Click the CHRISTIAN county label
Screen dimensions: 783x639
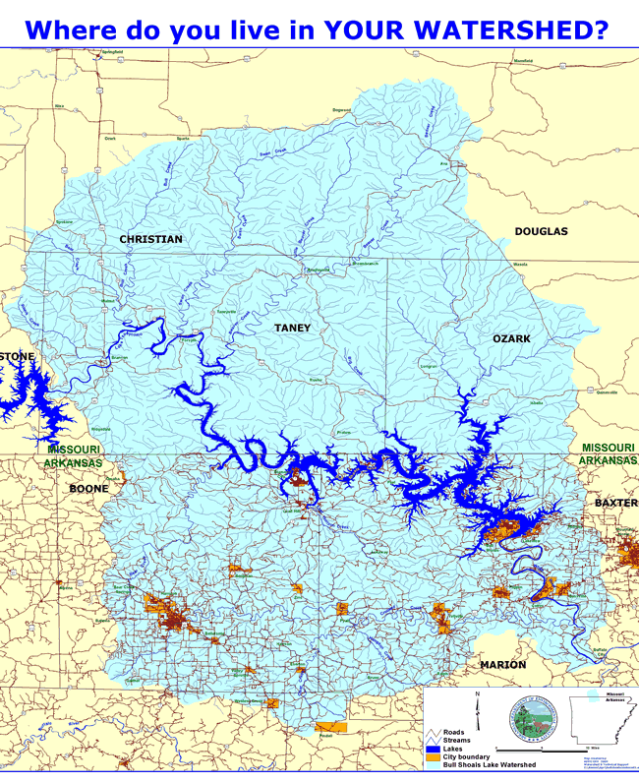pyautogui.click(x=150, y=239)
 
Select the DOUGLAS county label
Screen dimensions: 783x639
pyautogui.click(x=541, y=231)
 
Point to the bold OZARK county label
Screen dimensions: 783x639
pyautogui.click(x=511, y=338)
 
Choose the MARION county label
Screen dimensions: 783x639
pyautogui.click(x=502, y=665)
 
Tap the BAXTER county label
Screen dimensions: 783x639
pyautogui.click(x=615, y=503)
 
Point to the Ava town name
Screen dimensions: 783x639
pyautogui.click(x=442, y=163)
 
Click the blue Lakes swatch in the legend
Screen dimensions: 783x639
pyautogui.click(x=435, y=749)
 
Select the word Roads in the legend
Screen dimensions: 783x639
pyautogui.click(x=454, y=733)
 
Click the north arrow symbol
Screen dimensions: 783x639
pyautogui.click(x=477, y=708)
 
